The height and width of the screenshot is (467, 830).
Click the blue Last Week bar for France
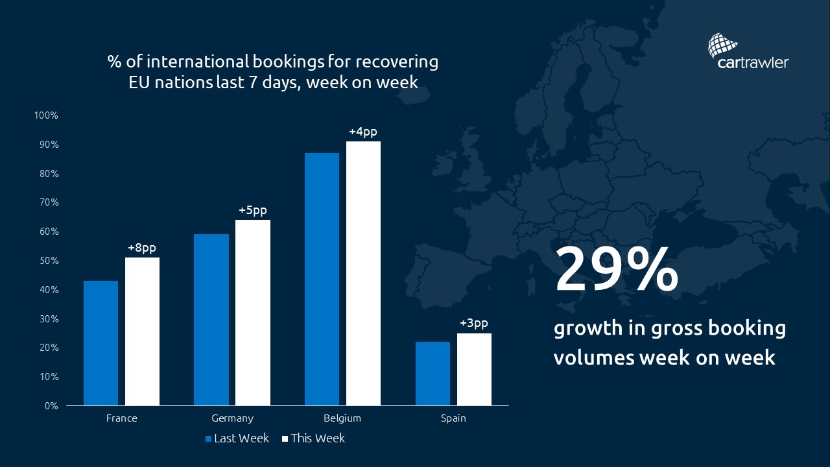pyautogui.click(x=101, y=343)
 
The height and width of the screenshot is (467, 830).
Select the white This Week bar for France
pyautogui.click(x=142, y=331)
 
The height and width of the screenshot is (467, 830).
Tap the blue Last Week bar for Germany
pyautogui.click(x=211, y=320)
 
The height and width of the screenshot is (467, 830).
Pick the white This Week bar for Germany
pyautogui.click(x=253, y=313)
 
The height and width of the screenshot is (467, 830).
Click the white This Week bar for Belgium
pyautogui.click(x=363, y=273)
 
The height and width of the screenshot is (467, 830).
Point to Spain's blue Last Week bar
pyautogui.click(x=433, y=374)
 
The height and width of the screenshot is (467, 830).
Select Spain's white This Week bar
pyautogui.click(x=474, y=370)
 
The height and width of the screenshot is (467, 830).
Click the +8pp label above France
pyautogui.click(x=142, y=248)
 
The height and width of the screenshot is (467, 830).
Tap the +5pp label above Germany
pyautogui.click(x=252, y=210)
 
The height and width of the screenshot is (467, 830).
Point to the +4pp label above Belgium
pyautogui.click(x=362, y=132)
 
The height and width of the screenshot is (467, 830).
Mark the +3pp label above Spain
pyautogui.click(x=473, y=323)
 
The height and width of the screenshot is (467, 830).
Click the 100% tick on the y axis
pyautogui.click(x=47, y=115)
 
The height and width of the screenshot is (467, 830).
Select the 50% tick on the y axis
pyautogui.click(x=49, y=261)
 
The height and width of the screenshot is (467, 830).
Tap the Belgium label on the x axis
pyautogui.click(x=342, y=418)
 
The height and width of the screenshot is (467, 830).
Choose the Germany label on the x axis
pyautogui.click(x=232, y=418)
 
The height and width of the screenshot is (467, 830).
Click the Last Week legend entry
pyautogui.click(x=237, y=438)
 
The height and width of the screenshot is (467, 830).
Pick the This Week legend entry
pyautogui.click(x=313, y=438)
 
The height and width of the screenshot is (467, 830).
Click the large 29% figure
pyautogui.click(x=616, y=269)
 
